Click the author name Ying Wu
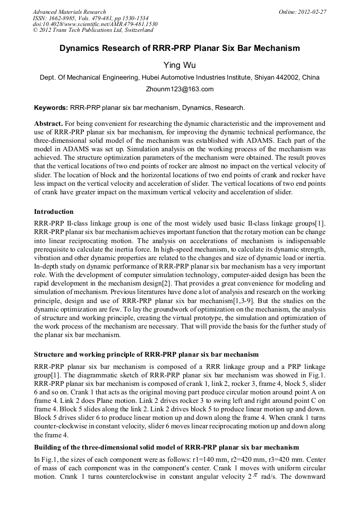[x=179, y=65]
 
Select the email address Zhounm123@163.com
[x=179, y=89]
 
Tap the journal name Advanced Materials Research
[x=69, y=12]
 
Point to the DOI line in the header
[x=95, y=24]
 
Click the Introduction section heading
[x=54, y=211]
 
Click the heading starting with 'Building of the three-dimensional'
[x=159, y=447]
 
